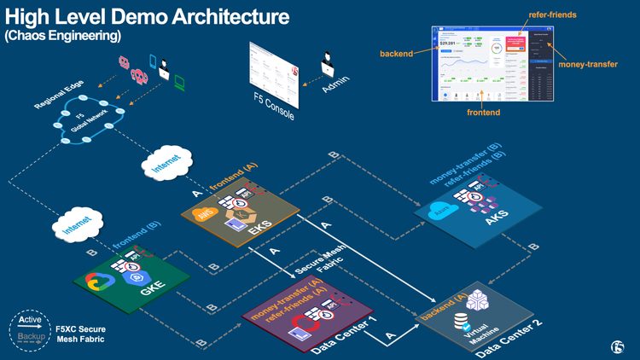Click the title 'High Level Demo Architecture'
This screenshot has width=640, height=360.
pos(147,16)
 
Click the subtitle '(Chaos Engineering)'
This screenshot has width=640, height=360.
pos(63,36)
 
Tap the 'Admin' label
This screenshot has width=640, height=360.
pos(335,80)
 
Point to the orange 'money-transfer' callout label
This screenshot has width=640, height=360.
pos(587,64)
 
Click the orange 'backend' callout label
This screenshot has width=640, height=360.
pos(396,54)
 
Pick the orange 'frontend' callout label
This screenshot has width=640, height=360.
pos(483,112)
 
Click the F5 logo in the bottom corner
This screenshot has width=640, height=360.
pos(618,346)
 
